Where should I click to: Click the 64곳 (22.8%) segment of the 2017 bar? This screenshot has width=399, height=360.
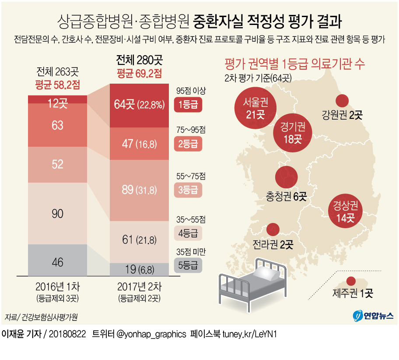(x=139, y=105)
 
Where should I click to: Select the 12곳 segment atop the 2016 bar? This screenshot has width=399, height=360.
(x=57, y=104)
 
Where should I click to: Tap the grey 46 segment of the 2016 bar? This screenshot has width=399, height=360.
(x=57, y=262)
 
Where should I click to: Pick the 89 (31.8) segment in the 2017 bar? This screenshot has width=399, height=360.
(x=139, y=190)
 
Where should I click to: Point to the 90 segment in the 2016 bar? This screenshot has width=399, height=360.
(x=57, y=214)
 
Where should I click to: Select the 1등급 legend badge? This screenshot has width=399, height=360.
(x=187, y=105)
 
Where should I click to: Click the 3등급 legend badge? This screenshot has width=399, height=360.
(x=187, y=190)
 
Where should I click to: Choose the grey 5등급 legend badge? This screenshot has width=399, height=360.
(x=187, y=265)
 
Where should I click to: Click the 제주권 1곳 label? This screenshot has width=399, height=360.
(x=353, y=293)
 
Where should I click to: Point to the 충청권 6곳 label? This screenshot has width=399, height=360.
(x=286, y=196)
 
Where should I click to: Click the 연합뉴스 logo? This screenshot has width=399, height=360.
(x=373, y=315)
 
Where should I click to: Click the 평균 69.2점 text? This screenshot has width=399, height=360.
(x=139, y=74)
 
